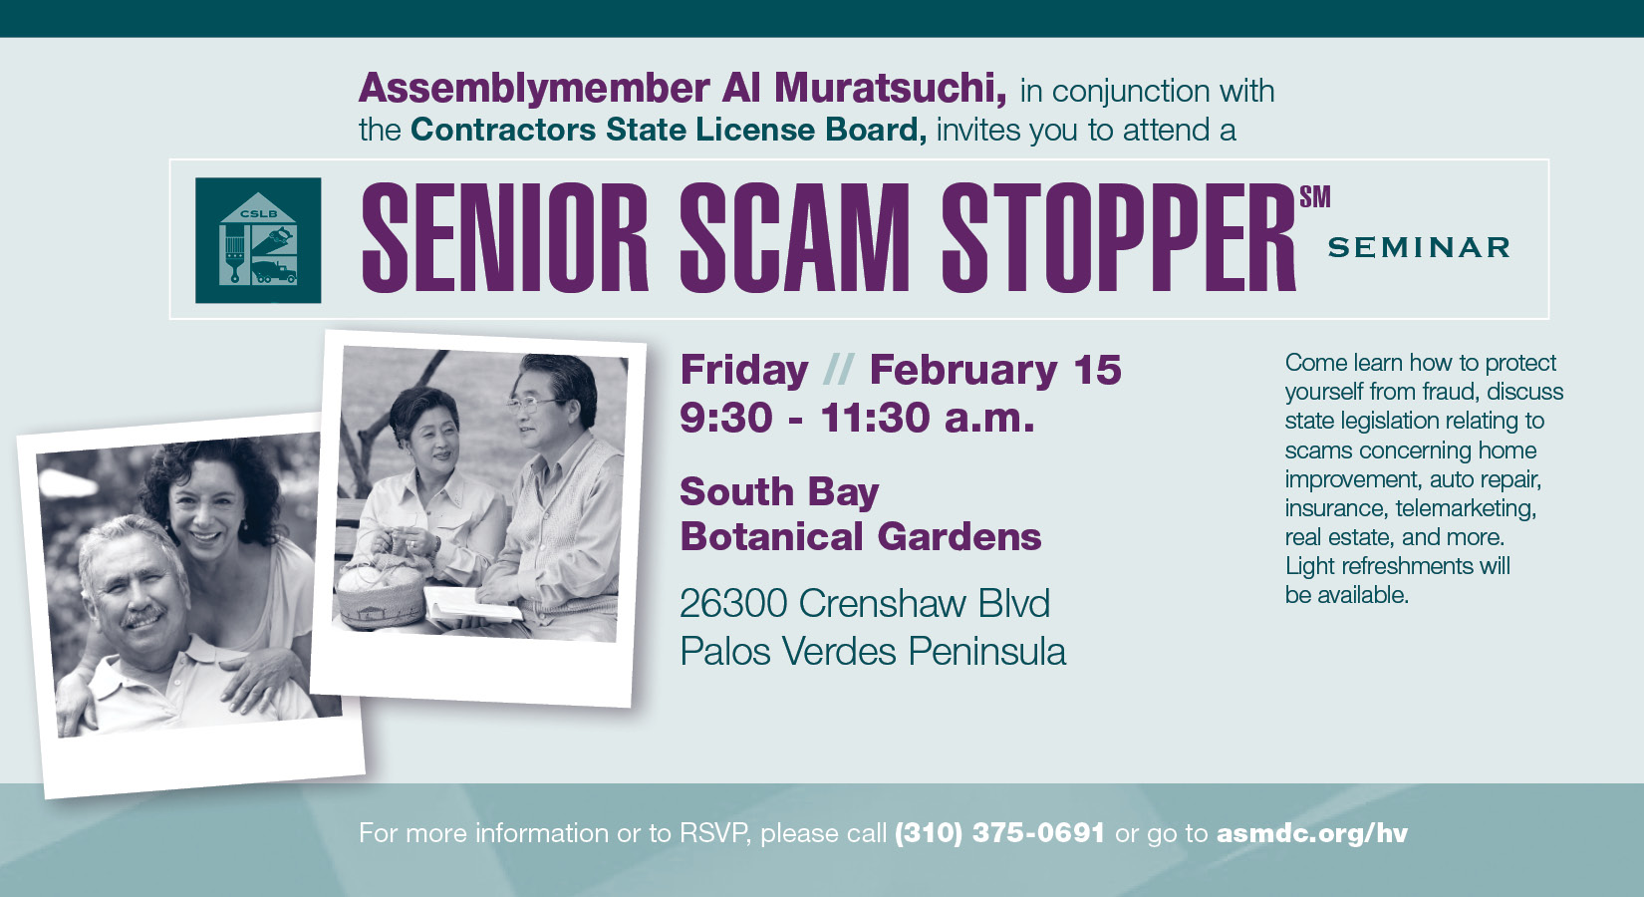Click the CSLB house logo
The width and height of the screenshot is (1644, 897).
pos(258,240)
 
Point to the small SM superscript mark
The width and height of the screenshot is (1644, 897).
pos(1315,196)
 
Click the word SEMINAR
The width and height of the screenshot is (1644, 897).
pos(1419,247)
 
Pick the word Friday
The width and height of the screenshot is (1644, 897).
pos(743,370)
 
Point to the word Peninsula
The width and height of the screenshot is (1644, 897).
pos(986,651)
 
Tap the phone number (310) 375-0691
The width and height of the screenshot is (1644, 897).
pos(999,833)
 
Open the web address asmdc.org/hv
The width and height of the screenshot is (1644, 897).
pos(1312,833)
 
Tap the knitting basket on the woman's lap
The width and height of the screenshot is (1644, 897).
pos(381,593)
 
